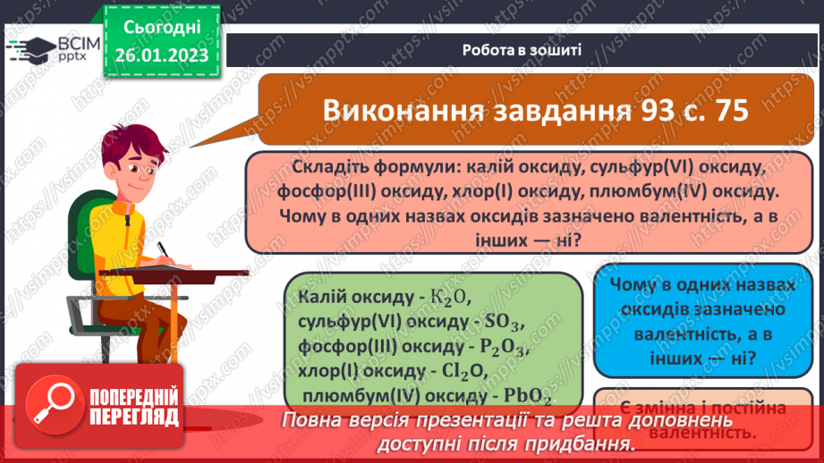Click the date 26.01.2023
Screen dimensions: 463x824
(161, 55)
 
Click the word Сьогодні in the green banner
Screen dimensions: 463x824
(161, 29)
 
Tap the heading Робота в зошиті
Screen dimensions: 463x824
(522, 49)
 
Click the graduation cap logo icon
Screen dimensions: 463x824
(32, 49)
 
